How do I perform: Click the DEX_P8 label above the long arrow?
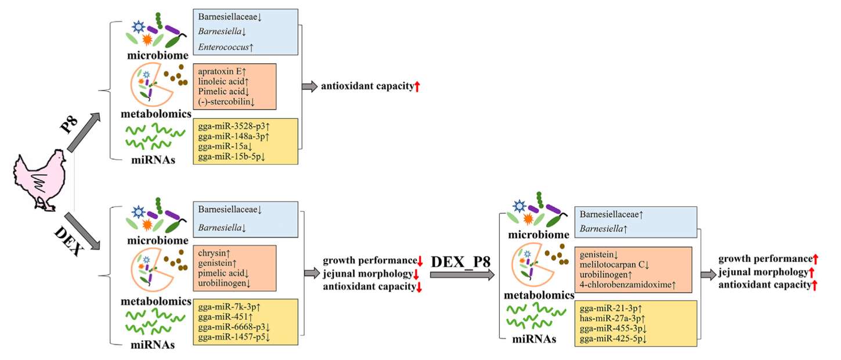pos(461,262)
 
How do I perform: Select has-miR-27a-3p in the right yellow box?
pos(612,318)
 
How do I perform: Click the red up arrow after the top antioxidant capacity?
pos(416,87)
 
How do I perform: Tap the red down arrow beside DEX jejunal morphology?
pos(416,273)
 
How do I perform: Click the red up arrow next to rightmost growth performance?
pos(815,259)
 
